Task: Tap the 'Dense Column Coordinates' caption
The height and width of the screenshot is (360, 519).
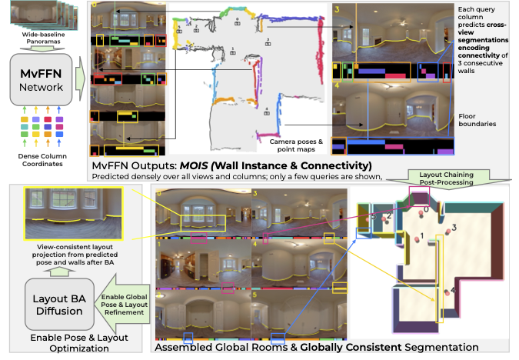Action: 42,151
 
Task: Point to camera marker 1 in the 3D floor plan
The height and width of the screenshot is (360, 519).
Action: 418,236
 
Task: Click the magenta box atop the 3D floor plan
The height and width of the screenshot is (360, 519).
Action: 420,196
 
